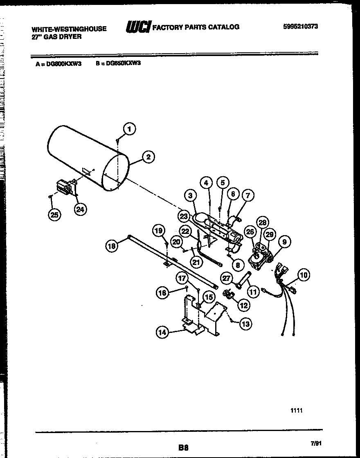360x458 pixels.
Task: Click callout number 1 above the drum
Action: click(x=129, y=129)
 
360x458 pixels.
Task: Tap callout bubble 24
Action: click(x=81, y=209)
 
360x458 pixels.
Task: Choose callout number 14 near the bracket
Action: click(x=163, y=332)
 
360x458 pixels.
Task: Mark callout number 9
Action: click(x=285, y=242)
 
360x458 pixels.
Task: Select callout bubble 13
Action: click(x=245, y=324)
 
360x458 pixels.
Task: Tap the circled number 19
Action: click(x=158, y=231)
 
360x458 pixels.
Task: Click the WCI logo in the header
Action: click(x=138, y=27)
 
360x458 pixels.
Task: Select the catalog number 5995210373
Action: click(x=300, y=26)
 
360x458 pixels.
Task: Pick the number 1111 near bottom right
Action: click(x=296, y=411)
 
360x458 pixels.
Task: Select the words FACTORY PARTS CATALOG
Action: click(x=196, y=27)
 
